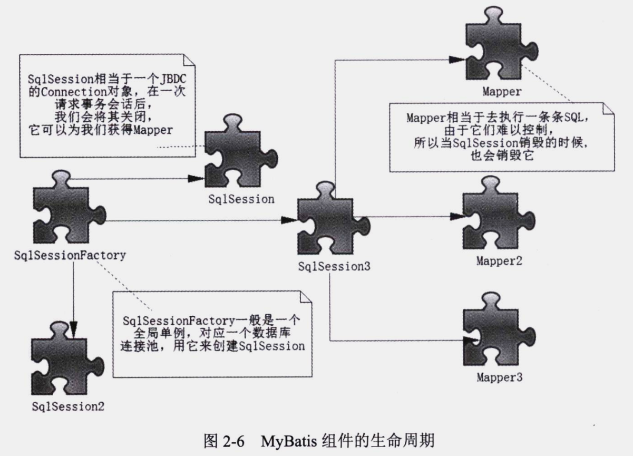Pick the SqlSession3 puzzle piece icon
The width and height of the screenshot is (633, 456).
coord(331,221)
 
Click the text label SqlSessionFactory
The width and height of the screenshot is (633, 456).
coord(70,256)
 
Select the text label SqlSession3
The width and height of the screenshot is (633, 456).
coord(334,267)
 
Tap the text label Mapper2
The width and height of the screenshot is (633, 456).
coord(499,260)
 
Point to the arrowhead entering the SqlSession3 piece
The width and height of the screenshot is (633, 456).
coord(289,220)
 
